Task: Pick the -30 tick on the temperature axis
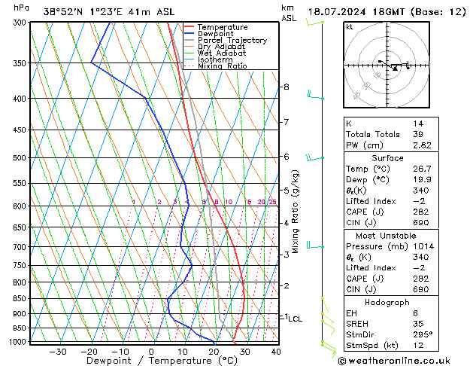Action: (x=58, y=352)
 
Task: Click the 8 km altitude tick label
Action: (x=286, y=87)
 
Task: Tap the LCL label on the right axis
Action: (x=295, y=319)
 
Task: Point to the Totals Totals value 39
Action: (x=417, y=134)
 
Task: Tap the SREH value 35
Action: (x=417, y=324)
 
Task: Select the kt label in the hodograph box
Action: (x=349, y=26)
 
